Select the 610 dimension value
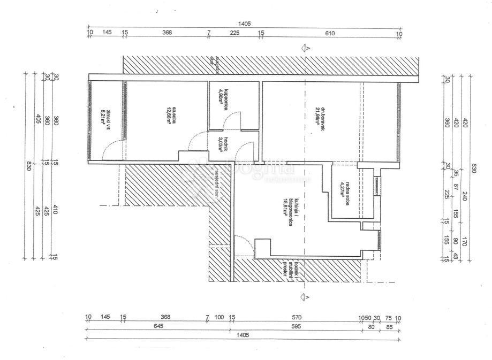click(x=329, y=34)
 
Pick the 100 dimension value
click(x=219, y=317)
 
